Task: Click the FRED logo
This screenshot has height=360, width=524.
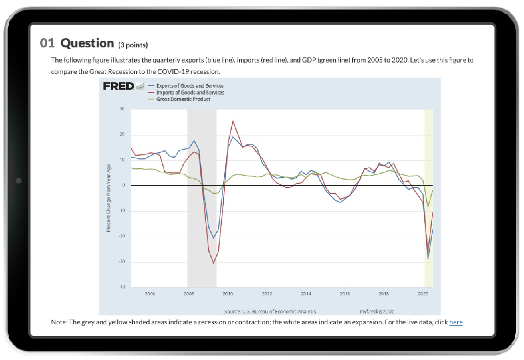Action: (119, 86)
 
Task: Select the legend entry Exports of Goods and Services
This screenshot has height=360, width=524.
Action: (190, 86)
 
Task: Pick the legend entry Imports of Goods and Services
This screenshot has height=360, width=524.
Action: (190, 92)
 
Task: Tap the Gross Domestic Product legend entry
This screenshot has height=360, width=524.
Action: (183, 99)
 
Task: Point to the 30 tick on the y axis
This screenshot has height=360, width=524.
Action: (122, 109)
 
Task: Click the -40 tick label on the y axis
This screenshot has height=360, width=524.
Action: (122, 287)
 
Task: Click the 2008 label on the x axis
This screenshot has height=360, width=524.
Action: (188, 294)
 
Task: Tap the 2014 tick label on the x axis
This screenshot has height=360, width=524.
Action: (306, 294)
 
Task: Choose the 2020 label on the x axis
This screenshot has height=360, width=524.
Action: (423, 294)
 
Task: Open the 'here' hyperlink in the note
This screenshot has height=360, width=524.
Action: (456, 322)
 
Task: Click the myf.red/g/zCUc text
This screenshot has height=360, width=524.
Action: (377, 311)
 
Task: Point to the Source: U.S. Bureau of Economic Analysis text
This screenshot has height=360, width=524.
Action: (270, 311)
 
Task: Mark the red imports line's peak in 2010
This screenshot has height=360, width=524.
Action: (233, 121)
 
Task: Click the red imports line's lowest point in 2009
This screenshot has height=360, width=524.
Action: (213, 263)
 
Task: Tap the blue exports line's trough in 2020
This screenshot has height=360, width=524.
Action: (428, 259)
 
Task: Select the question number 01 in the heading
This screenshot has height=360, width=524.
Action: (48, 43)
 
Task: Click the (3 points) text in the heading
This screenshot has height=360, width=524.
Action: (133, 45)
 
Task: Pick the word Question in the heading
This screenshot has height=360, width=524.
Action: (87, 43)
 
